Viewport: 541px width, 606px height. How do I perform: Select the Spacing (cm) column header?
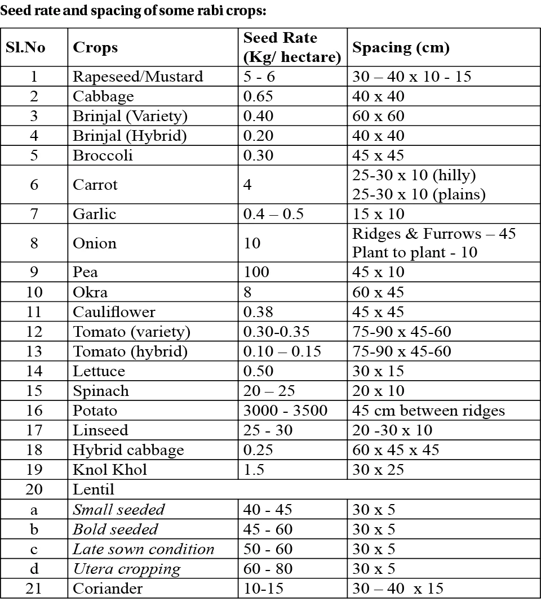401,47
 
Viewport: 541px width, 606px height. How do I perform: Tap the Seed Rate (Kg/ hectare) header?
291,47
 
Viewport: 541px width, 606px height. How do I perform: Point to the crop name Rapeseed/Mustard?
138,77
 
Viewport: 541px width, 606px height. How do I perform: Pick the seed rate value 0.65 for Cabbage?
258,96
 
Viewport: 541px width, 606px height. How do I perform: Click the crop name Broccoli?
103,155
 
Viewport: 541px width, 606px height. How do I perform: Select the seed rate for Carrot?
247,185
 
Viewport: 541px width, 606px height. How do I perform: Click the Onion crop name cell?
95,243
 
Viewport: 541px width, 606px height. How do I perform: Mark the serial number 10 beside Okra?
34,292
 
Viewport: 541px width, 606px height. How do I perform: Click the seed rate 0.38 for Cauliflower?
258,312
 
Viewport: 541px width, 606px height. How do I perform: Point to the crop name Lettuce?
99,371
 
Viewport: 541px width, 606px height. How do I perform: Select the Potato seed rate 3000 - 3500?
285,411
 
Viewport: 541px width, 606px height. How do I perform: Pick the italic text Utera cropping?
127,569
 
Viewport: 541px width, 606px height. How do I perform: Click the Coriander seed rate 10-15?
263,589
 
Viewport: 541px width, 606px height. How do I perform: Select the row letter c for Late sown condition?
34,549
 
